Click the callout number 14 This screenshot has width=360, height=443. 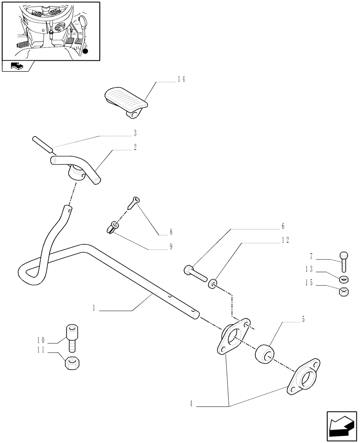click(181, 79)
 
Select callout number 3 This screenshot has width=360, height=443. click(134, 133)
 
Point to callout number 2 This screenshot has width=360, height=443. click(134, 146)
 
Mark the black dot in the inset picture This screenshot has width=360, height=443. click(86, 52)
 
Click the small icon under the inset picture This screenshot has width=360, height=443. click(16, 67)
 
